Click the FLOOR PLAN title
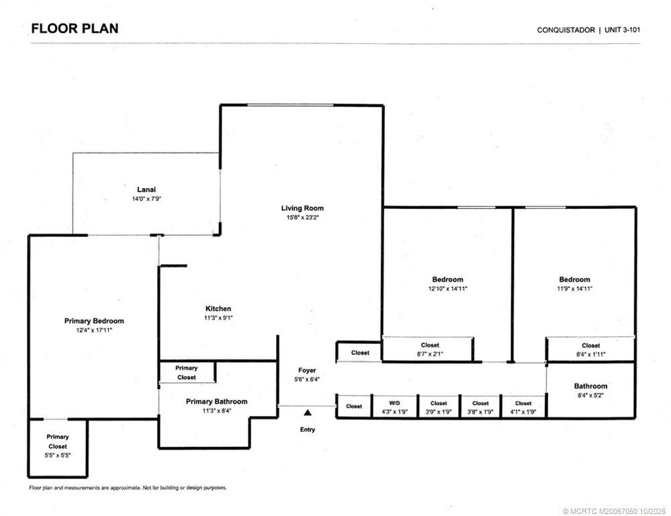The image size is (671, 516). [75, 29]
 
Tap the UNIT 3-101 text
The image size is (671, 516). [622, 30]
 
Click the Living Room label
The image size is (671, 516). [302, 208]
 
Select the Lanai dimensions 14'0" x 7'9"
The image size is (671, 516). [146, 199]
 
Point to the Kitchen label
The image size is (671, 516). [218, 308]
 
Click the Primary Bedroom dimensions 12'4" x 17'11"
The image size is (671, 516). [94, 330]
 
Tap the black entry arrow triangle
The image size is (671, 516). [307, 413]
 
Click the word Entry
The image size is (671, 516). [307, 429]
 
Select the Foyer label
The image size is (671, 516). [307, 370]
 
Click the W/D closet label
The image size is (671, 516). [394, 403]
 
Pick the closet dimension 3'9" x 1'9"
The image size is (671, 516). [439, 412]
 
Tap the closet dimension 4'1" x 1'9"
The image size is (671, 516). [523, 412]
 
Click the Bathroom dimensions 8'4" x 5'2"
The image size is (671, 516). [590, 395]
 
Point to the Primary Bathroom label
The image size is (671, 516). [216, 401]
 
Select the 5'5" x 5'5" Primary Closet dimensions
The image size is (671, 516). [58, 456]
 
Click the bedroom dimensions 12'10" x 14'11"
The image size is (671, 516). [447, 289]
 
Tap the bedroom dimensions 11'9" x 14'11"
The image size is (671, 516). [574, 289]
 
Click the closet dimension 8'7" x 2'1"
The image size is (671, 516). [430, 354]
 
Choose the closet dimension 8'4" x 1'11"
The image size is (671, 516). [590, 354]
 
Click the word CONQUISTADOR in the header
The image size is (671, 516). [566, 30]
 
